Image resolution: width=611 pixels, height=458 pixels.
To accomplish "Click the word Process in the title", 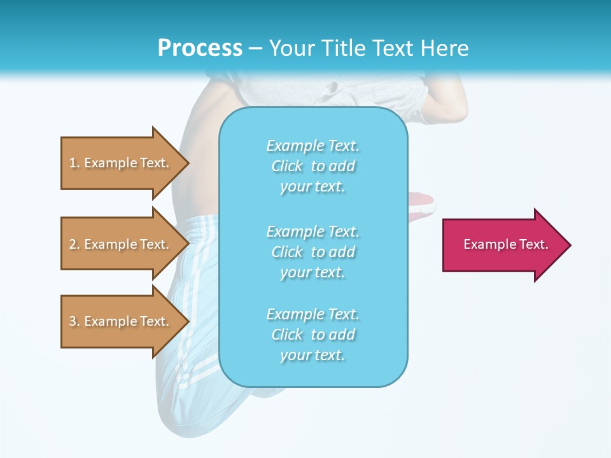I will coord(200,48).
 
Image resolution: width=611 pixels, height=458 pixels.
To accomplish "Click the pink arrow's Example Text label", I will coord(505,244).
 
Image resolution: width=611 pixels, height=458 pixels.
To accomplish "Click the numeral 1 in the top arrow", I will coord(73,163).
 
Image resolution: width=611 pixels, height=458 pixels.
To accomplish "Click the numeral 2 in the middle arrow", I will coord(73,244).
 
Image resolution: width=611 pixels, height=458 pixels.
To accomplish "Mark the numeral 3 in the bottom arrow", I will coord(73,321).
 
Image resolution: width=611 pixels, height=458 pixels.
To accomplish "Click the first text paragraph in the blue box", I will coord(313,166).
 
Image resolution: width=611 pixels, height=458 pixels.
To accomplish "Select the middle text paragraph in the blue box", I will coord(313,251).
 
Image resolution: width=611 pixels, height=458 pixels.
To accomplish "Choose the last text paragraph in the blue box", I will coord(313,335).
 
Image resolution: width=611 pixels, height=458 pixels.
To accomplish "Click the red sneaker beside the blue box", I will coord(423,205).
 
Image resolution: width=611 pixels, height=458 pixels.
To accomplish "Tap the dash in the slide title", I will coord(255,49).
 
